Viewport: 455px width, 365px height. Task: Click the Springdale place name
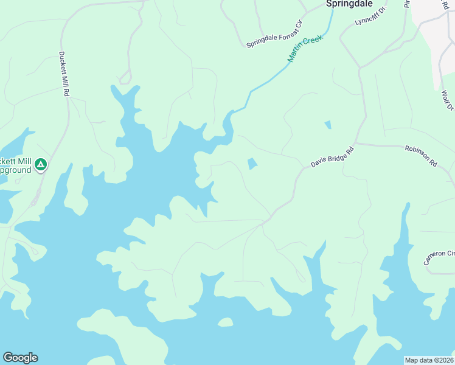[349, 4]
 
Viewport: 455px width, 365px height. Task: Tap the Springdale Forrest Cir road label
[274, 34]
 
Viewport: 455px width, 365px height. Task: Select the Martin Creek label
[304, 48]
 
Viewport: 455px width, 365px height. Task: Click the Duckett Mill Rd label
[63, 74]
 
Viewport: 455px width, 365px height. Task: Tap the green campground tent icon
[40, 164]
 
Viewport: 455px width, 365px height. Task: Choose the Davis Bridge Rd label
[332, 156]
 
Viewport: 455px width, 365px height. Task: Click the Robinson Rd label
[421, 155]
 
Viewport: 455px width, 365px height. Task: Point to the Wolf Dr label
[447, 100]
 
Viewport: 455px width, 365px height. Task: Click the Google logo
[20, 358]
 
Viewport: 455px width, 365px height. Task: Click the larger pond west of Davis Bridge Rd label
[252, 164]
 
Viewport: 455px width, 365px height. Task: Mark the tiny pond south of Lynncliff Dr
[328, 125]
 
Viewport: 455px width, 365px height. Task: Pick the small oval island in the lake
[225, 322]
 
